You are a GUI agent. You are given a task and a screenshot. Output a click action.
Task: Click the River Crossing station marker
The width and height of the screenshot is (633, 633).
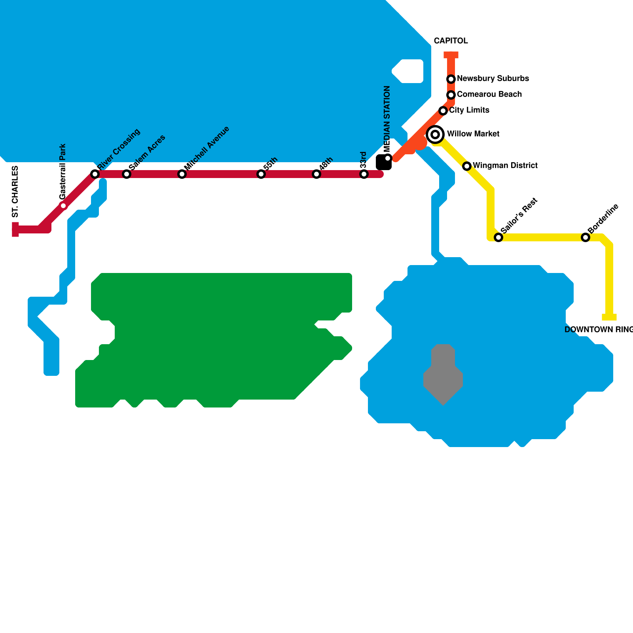point(95,174)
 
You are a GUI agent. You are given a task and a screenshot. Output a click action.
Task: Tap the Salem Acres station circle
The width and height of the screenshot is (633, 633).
point(126,174)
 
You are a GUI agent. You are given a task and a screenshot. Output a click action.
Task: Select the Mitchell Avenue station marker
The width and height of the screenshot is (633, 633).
point(182,174)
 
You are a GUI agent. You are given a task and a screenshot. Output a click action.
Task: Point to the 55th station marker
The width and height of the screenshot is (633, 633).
point(261,174)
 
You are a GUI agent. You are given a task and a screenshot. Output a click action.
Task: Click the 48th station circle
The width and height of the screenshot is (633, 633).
point(316,174)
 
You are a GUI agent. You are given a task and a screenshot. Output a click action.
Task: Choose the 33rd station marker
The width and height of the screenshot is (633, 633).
point(364,174)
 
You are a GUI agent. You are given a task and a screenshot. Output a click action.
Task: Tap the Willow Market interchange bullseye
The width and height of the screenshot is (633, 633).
point(435,135)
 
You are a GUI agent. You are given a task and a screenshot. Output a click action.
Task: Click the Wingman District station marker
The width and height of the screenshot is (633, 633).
point(467,166)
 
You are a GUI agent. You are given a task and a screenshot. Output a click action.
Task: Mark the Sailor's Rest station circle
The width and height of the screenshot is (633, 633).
point(498,237)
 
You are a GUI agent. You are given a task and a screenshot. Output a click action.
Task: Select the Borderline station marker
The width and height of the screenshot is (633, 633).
point(586,237)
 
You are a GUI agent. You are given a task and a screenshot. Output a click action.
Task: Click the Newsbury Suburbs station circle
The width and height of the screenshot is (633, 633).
point(451,79)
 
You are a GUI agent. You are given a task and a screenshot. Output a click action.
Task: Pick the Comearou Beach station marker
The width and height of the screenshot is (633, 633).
point(451,95)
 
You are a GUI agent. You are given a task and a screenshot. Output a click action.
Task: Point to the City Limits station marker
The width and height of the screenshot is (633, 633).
point(443,111)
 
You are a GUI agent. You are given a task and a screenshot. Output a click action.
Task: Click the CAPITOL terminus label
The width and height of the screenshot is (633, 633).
point(451,41)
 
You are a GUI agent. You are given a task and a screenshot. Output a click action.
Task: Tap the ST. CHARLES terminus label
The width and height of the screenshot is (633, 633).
point(15,192)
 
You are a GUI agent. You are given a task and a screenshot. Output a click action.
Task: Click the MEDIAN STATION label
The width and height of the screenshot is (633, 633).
point(387,119)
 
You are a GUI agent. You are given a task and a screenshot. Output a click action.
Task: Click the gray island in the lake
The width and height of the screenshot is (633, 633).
point(443,374)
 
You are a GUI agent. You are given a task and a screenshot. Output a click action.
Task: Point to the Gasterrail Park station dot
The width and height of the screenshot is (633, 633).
point(63,205)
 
